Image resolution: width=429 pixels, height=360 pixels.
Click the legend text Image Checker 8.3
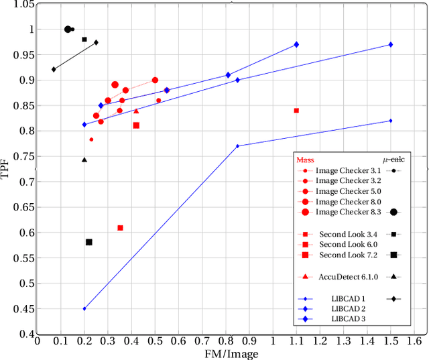[x=348, y=213]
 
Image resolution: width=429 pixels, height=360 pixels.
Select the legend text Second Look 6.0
[x=348, y=245]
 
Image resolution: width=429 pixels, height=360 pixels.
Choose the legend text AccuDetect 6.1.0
[x=348, y=276]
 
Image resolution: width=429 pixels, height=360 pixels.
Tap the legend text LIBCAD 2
[x=348, y=309]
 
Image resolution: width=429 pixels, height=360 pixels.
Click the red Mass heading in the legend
[x=305, y=160]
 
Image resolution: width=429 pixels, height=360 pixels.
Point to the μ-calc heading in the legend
[x=393, y=160]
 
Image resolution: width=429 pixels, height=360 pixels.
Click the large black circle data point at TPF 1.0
[x=68, y=29]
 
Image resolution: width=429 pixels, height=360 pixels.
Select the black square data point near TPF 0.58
[x=88, y=242]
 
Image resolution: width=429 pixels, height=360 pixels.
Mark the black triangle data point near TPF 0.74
[x=84, y=160]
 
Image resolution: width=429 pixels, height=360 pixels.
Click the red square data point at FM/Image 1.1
[x=296, y=111]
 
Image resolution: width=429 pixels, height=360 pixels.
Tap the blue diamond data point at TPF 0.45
[x=84, y=308]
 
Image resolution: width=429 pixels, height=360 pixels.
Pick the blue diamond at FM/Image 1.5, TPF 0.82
[x=390, y=121]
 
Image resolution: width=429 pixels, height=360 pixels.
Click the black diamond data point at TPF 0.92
[x=54, y=69]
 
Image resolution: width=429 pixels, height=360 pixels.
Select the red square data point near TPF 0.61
[x=120, y=228]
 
